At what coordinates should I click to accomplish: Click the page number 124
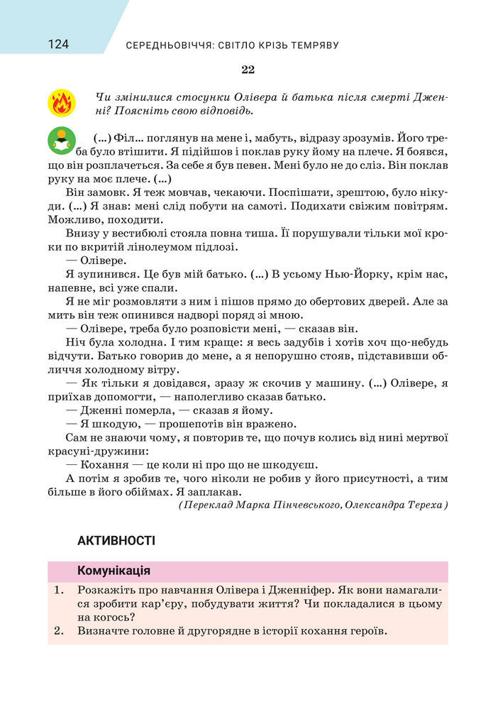click(58, 45)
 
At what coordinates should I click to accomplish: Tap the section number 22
click(247, 70)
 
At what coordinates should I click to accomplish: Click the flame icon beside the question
click(62, 103)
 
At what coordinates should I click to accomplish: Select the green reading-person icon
click(62, 142)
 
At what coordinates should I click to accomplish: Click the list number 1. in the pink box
click(59, 590)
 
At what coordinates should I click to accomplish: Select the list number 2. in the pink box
click(59, 630)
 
